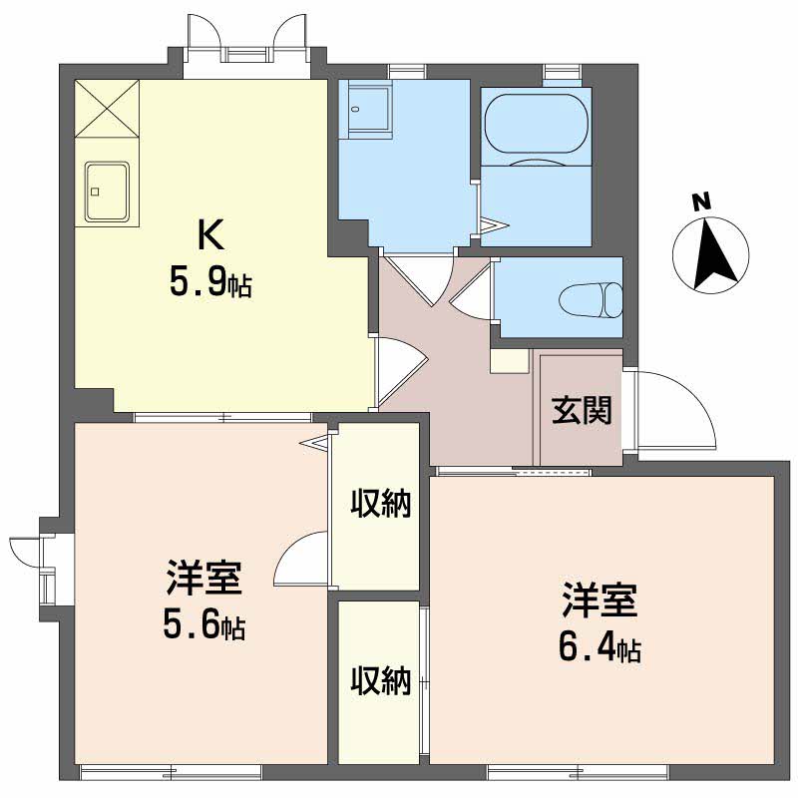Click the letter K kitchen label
210,235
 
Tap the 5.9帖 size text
210,285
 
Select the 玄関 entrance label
582,411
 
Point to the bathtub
537,124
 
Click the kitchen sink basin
107,192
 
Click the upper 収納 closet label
381,504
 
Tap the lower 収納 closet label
381,681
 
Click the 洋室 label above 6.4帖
600,600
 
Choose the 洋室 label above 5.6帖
203,578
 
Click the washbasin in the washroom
369,109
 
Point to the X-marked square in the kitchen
107,109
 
